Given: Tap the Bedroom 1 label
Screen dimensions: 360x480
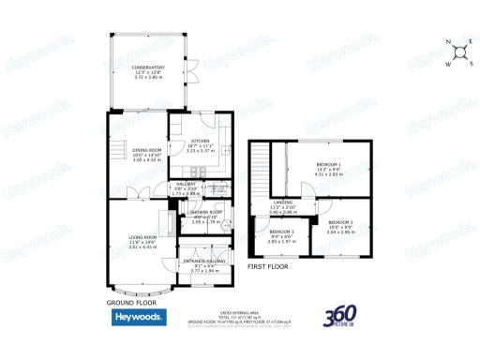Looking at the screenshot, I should coord(328,165).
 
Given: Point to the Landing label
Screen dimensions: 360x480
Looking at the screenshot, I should coord(282,202).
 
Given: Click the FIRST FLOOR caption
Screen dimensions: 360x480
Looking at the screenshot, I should coord(268,267).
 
